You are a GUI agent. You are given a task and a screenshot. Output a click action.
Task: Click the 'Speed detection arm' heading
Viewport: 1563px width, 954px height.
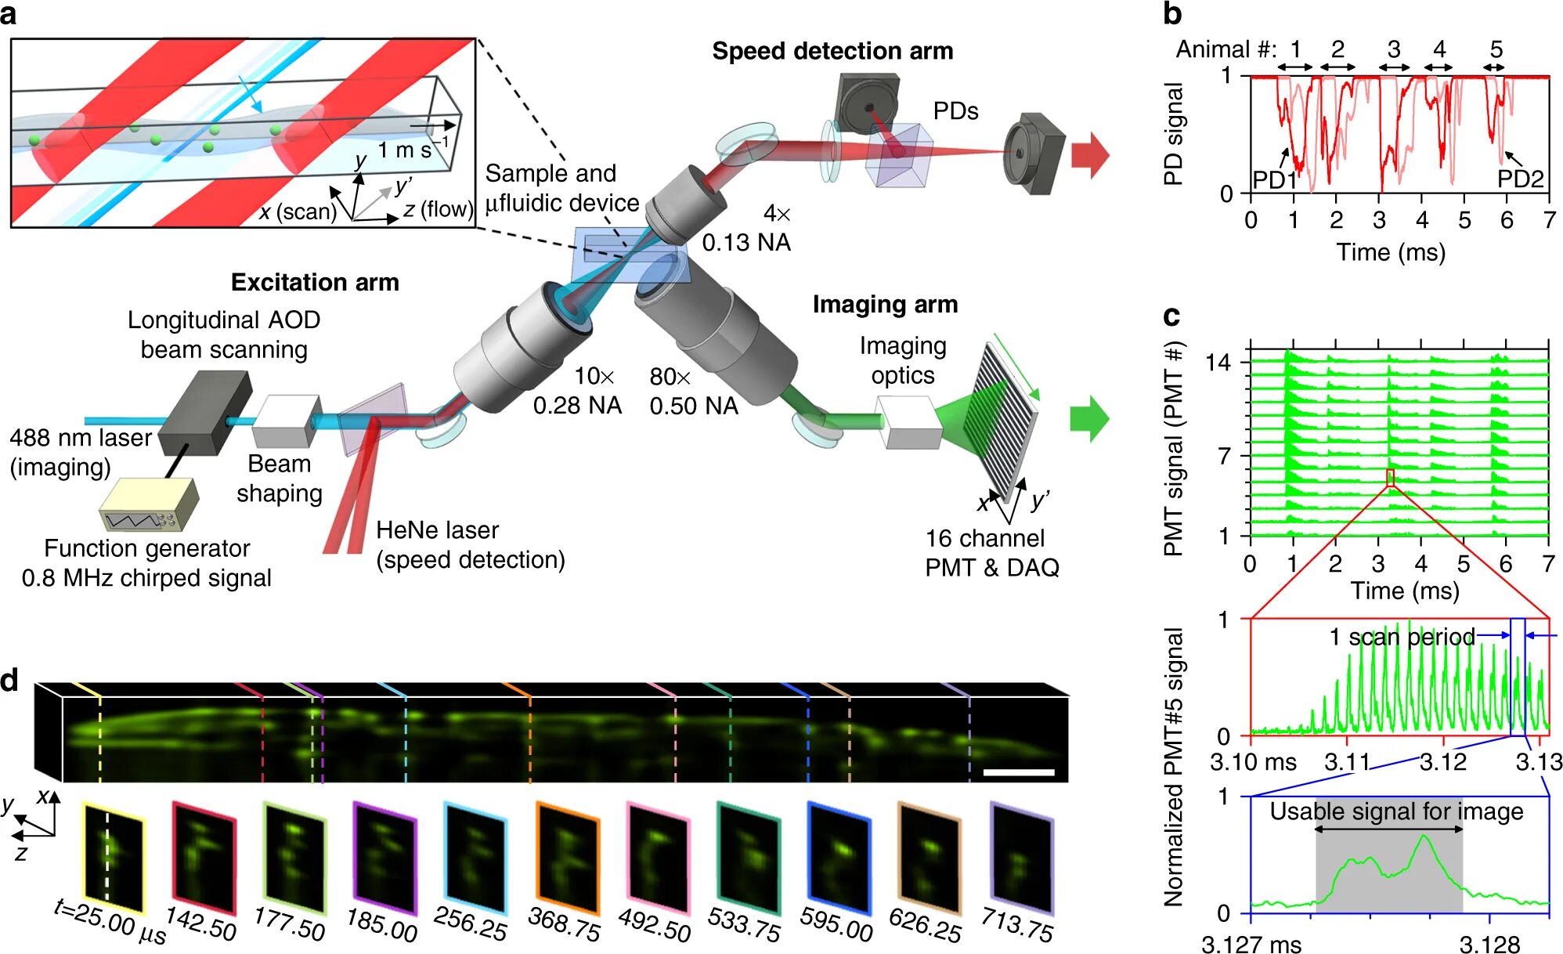pyautogui.click(x=832, y=51)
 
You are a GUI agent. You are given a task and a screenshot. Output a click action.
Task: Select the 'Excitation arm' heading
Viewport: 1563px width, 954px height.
pyautogui.click(x=315, y=282)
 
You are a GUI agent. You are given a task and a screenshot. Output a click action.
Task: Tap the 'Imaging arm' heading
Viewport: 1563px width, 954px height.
pyautogui.click(x=885, y=304)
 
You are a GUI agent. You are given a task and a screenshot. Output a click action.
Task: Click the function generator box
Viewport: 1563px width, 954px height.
pyautogui.click(x=149, y=504)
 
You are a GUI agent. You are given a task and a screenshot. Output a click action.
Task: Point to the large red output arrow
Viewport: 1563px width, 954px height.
pyautogui.click(x=1090, y=154)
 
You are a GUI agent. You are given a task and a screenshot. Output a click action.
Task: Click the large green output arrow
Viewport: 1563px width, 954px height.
pyautogui.click(x=1089, y=418)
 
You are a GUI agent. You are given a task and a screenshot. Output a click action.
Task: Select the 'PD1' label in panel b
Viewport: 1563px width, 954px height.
pyautogui.click(x=1274, y=180)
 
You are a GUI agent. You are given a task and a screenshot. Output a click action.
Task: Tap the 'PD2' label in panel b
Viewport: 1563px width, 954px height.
pyautogui.click(x=1520, y=179)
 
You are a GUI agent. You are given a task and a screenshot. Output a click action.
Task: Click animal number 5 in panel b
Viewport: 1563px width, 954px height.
pyautogui.click(x=1496, y=50)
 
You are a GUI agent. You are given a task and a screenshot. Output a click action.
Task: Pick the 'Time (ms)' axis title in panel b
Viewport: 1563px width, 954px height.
pyautogui.click(x=1391, y=252)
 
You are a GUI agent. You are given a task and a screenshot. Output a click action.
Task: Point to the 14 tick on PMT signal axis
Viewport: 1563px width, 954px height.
pyautogui.click(x=1218, y=363)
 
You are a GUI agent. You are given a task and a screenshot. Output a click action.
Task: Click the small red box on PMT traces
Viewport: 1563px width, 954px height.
pyautogui.click(x=1390, y=477)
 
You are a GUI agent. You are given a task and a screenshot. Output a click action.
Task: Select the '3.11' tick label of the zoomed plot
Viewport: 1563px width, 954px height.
pyautogui.click(x=1347, y=761)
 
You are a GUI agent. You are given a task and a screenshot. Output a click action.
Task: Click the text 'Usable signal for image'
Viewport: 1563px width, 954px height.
pyautogui.click(x=1396, y=811)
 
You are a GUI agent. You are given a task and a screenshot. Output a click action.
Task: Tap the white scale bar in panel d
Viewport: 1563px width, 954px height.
pyautogui.click(x=1018, y=772)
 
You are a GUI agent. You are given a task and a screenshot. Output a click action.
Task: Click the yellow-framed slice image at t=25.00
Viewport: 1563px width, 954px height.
pyautogui.click(x=114, y=857)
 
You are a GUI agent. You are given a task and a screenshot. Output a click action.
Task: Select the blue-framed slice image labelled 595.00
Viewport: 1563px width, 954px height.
pyautogui.click(x=839, y=857)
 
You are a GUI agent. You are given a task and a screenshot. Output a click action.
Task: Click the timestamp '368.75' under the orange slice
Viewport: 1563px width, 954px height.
pyautogui.click(x=565, y=924)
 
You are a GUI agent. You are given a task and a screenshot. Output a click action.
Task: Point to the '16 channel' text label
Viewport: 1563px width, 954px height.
pyautogui.click(x=984, y=538)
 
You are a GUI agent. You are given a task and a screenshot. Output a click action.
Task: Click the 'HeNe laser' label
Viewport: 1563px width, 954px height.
pyautogui.click(x=437, y=530)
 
